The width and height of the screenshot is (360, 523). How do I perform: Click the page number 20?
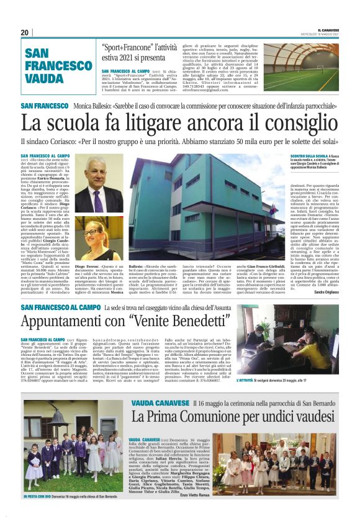pyautogui.click(x=25, y=32)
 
